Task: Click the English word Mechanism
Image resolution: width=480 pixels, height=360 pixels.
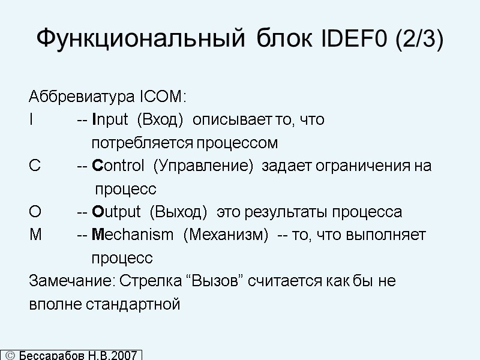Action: tap(132, 235)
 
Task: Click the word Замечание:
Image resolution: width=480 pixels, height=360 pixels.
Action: tap(73, 281)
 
